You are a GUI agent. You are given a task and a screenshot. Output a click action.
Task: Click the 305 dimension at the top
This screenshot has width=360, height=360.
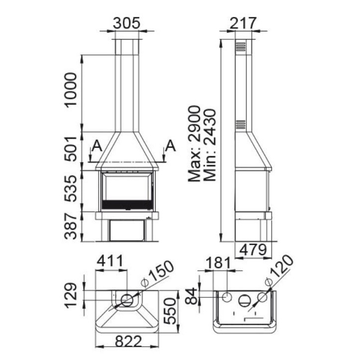[126, 23]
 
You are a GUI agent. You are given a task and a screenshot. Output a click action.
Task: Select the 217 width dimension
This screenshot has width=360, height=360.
[243, 23]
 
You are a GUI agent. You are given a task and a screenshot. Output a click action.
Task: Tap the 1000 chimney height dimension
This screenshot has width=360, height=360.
[71, 90]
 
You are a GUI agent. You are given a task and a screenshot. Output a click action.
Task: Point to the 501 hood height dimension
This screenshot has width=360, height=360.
[71, 149]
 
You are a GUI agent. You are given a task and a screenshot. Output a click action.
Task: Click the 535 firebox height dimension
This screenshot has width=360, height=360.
[71, 188]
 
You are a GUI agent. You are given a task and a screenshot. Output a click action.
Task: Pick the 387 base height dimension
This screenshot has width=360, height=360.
[71, 226]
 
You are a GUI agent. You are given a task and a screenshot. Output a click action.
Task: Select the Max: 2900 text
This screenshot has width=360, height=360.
[194, 144]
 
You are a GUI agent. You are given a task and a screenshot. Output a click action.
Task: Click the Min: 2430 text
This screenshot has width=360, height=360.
[210, 145]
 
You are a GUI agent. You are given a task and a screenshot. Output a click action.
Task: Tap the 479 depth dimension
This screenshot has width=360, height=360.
[253, 250]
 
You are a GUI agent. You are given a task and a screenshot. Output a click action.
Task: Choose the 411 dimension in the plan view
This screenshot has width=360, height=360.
[110, 261]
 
